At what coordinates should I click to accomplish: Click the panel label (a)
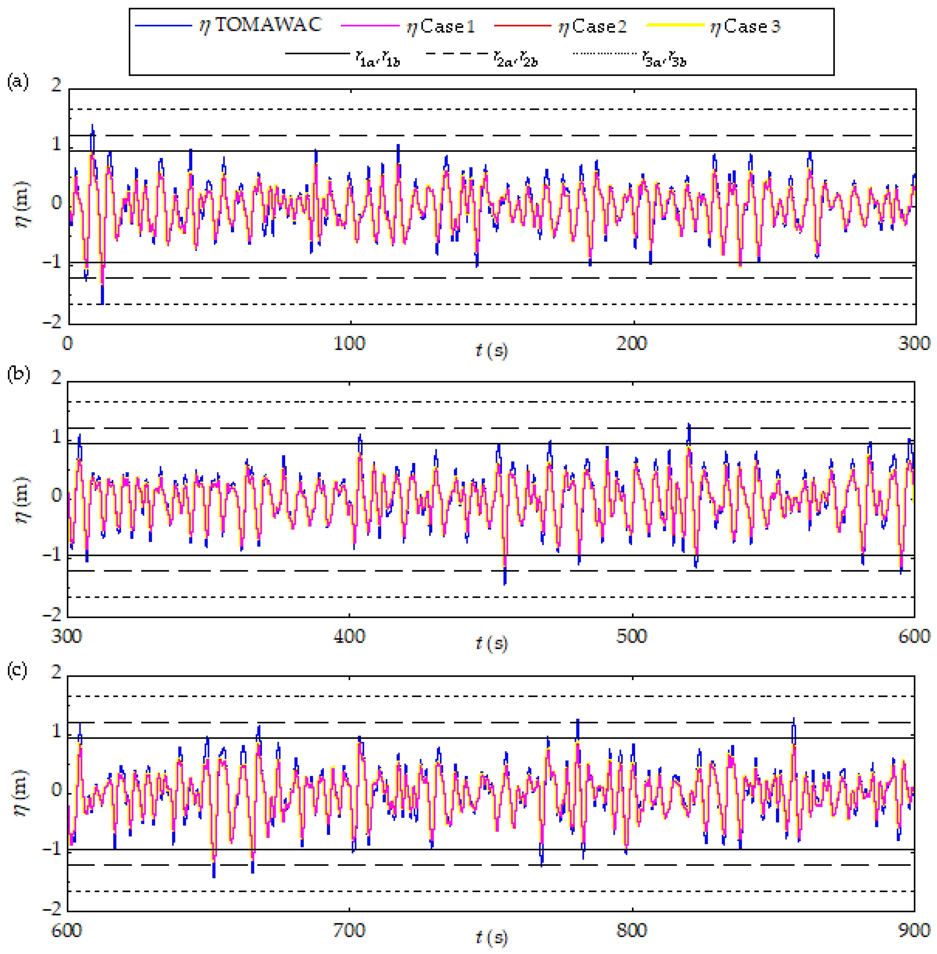(x=18, y=81)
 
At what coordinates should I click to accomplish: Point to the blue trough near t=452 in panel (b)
(x=505, y=582)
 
